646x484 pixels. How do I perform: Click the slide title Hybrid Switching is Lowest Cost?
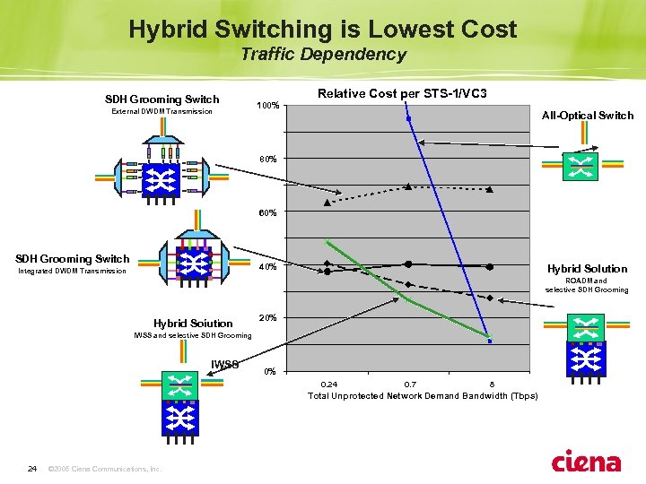(322, 30)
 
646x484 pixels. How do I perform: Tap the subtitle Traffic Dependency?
(323, 55)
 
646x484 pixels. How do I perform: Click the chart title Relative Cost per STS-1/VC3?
(403, 93)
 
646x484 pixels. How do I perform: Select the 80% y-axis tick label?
(267, 160)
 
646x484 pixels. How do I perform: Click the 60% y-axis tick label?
(267, 213)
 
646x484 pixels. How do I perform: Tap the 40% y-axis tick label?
(267, 266)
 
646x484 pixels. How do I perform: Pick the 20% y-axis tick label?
(267, 318)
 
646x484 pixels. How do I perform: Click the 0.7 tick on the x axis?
(409, 383)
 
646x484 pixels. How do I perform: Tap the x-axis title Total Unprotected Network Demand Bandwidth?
(423, 395)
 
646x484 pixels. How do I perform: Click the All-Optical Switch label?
(588, 116)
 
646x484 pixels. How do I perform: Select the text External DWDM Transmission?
(161, 112)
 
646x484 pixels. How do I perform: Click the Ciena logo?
(585, 462)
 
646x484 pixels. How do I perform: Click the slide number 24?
(32, 468)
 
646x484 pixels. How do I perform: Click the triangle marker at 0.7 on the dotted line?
(408, 186)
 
